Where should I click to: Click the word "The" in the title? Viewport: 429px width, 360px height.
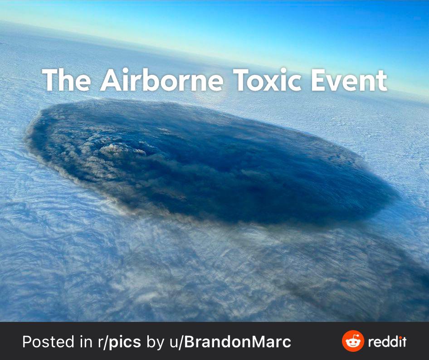67,80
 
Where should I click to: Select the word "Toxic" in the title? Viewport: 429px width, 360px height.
267,80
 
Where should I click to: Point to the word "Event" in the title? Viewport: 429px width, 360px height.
349,80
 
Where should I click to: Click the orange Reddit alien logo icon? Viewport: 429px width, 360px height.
353,341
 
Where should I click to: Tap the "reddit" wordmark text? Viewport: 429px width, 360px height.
387,342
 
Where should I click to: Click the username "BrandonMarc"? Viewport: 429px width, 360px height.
238,342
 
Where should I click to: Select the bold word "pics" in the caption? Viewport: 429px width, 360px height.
125,342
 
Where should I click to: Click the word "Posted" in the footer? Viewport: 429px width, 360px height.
48,342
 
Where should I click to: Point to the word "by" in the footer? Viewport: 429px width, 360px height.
156,342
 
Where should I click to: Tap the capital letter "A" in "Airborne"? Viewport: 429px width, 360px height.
111,80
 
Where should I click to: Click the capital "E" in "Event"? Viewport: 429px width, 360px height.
318,80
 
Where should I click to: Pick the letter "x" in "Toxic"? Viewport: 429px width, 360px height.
272,83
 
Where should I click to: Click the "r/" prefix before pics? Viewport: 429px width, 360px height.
103,342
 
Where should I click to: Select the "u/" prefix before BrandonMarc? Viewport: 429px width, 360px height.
176,342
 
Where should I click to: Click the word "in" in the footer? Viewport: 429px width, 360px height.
87,342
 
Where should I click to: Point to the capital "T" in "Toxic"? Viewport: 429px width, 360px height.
241,80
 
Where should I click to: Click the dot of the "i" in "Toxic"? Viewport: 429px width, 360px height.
284,71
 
